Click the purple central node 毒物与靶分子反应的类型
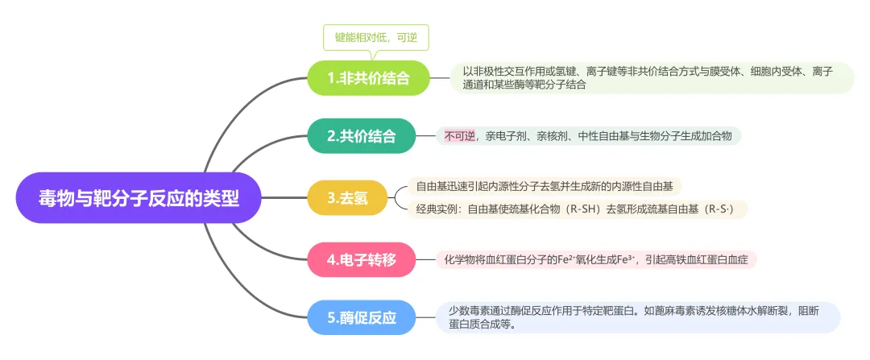139,198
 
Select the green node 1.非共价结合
368,78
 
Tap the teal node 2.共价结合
361,136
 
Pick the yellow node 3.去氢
347,198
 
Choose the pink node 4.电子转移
361,259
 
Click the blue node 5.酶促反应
362,317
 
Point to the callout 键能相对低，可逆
375,37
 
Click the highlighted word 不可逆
459,136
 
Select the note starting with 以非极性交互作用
651,78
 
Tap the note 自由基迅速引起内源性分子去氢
544,187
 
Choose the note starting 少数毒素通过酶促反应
636,317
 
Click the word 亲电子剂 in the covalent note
505,136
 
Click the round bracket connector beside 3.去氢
398,198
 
